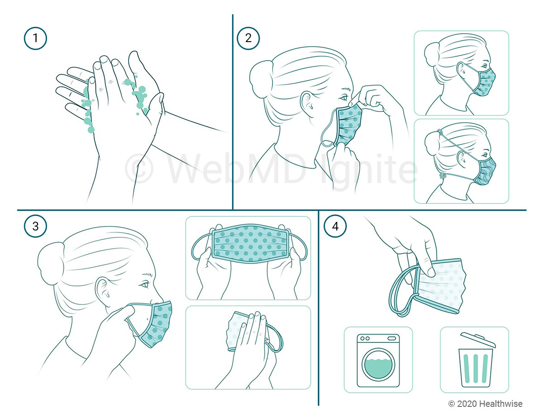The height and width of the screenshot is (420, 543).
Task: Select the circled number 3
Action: [x=35, y=227]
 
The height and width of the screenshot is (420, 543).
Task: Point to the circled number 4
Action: [x=335, y=227]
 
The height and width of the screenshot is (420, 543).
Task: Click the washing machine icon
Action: [x=378, y=360]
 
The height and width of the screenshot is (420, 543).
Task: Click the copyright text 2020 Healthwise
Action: [x=485, y=404]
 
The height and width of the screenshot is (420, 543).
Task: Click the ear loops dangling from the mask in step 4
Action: [x=400, y=294]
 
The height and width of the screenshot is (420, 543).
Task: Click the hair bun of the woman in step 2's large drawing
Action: [x=259, y=75]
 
